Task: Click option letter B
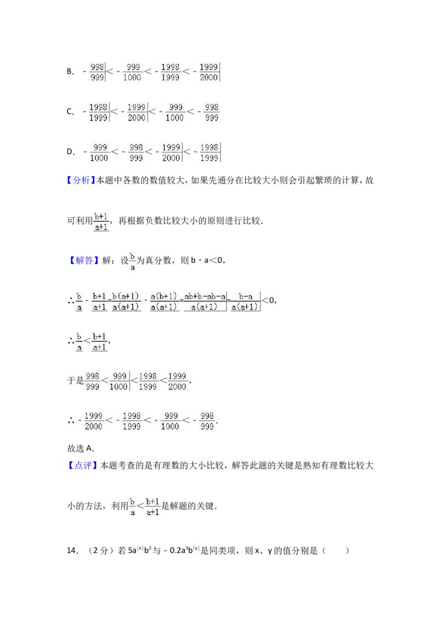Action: pyautogui.click(x=70, y=72)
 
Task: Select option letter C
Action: pyautogui.click(x=70, y=112)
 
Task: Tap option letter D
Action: pyautogui.click(x=71, y=152)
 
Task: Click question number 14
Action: pyautogui.click(x=72, y=550)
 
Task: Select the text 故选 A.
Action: pyautogui.click(x=80, y=448)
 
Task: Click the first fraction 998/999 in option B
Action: pyautogui.click(x=97, y=72)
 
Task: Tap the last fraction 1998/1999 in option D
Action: pyautogui.click(x=210, y=152)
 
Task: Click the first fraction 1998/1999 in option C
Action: pyautogui.click(x=98, y=112)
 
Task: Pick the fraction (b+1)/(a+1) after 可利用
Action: pyautogui.click(x=101, y=222)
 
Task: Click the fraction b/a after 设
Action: pyautogui.click(x=132, y=261)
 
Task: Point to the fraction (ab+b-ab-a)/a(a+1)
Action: pyautogui.click(x=205, y=302)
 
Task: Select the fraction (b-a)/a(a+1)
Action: pyautogui.click(x=245, y=302)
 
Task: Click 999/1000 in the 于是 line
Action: pyautogui.click(x=119, y=381)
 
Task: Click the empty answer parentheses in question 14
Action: pyautogui.click(x=336, y=550)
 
